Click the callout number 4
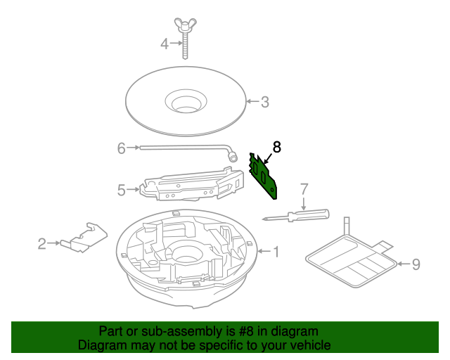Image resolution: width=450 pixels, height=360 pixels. point(165,44)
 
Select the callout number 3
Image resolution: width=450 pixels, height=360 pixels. point(264,102)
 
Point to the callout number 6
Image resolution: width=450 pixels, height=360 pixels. point(121,148)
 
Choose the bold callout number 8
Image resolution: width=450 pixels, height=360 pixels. point(276,147)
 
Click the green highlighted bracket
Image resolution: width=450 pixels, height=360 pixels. point(265,174)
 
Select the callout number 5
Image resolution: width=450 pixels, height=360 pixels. point(121,190)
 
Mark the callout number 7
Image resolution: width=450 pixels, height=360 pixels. point(304,188)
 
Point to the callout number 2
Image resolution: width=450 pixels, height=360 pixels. point(41,244)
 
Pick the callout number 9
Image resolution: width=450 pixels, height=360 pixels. point(415,264)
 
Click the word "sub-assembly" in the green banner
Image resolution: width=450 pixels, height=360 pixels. point(169,331)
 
